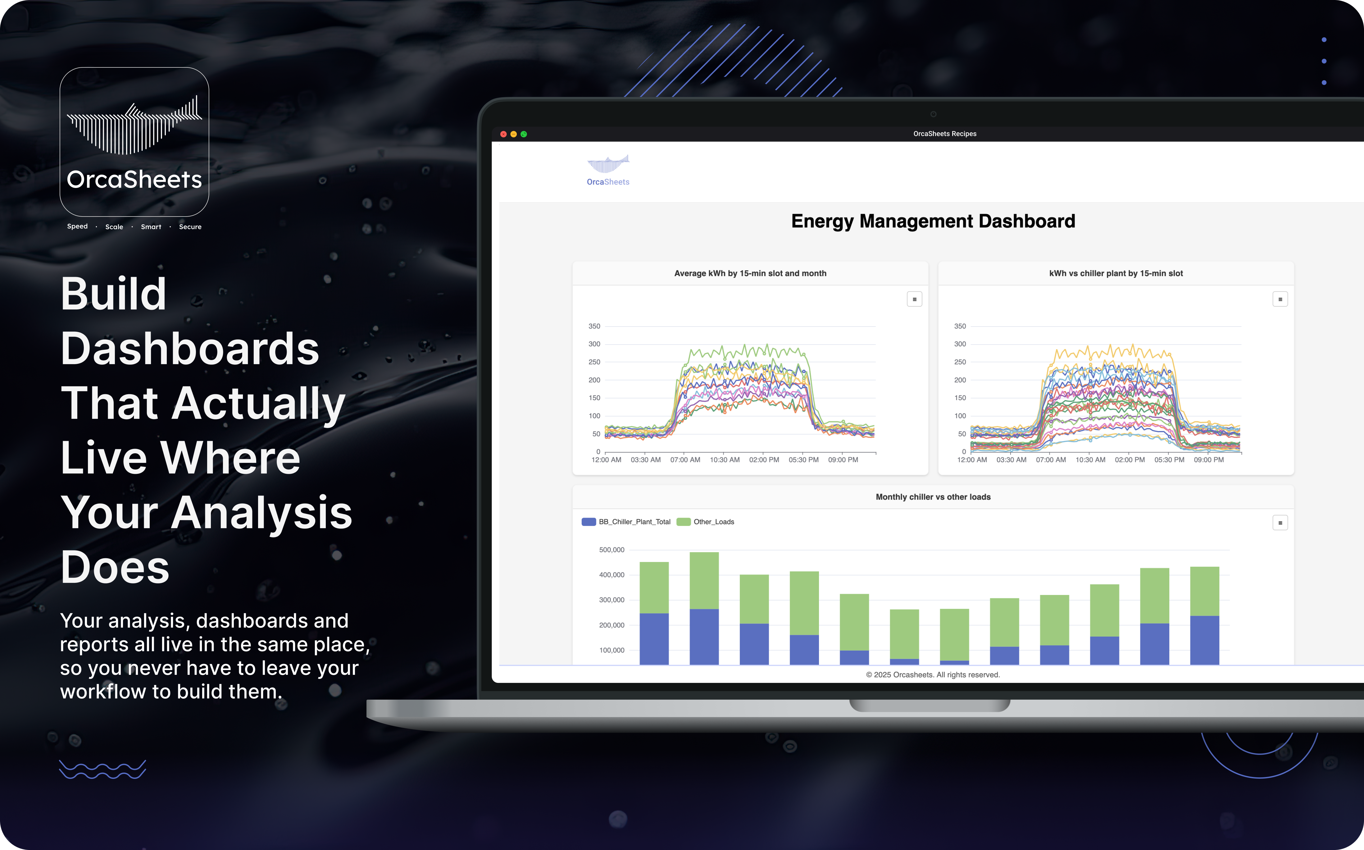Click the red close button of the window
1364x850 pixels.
[x=503, y=134]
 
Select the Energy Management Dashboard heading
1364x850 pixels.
[x=933, y=221]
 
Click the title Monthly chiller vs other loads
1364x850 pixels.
[x=933, y=497]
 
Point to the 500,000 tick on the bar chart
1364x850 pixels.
[x=612, y=550]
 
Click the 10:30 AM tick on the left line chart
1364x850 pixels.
[x=725, y=460]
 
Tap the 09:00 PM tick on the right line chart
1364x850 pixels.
[x=1208, y=460]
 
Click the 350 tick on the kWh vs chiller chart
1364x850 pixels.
[x=960, y=326]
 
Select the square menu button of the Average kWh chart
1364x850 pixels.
[x=914, y=299]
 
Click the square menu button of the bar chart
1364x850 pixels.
[x=1280, y=523]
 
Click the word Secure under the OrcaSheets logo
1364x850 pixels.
[x=190, y=226]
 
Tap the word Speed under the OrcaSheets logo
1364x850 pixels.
[x=78, y=226]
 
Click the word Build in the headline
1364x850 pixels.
[x=114, y=294]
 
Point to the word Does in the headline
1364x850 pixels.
[x=115, y=567]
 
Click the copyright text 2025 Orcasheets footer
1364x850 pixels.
[x=933, y=674]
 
